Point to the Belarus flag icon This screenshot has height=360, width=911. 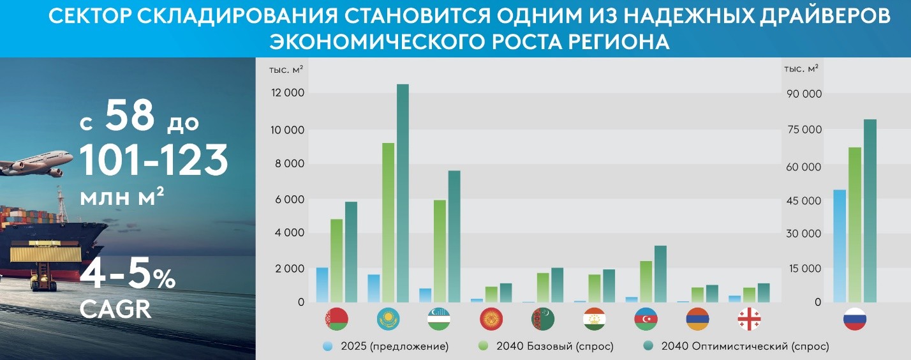[x=336, y=319]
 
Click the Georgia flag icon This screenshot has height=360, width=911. [x=749, y=319]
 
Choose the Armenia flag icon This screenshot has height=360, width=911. [x=697, y=319]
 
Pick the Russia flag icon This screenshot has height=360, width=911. [x=855, y=319]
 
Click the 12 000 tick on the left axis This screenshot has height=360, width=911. [x=288, y=94]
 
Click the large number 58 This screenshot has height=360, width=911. [x=130, y=116]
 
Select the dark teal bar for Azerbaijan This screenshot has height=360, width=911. [x=660, y=274]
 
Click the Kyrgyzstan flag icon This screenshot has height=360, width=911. [x=491, y=319]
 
